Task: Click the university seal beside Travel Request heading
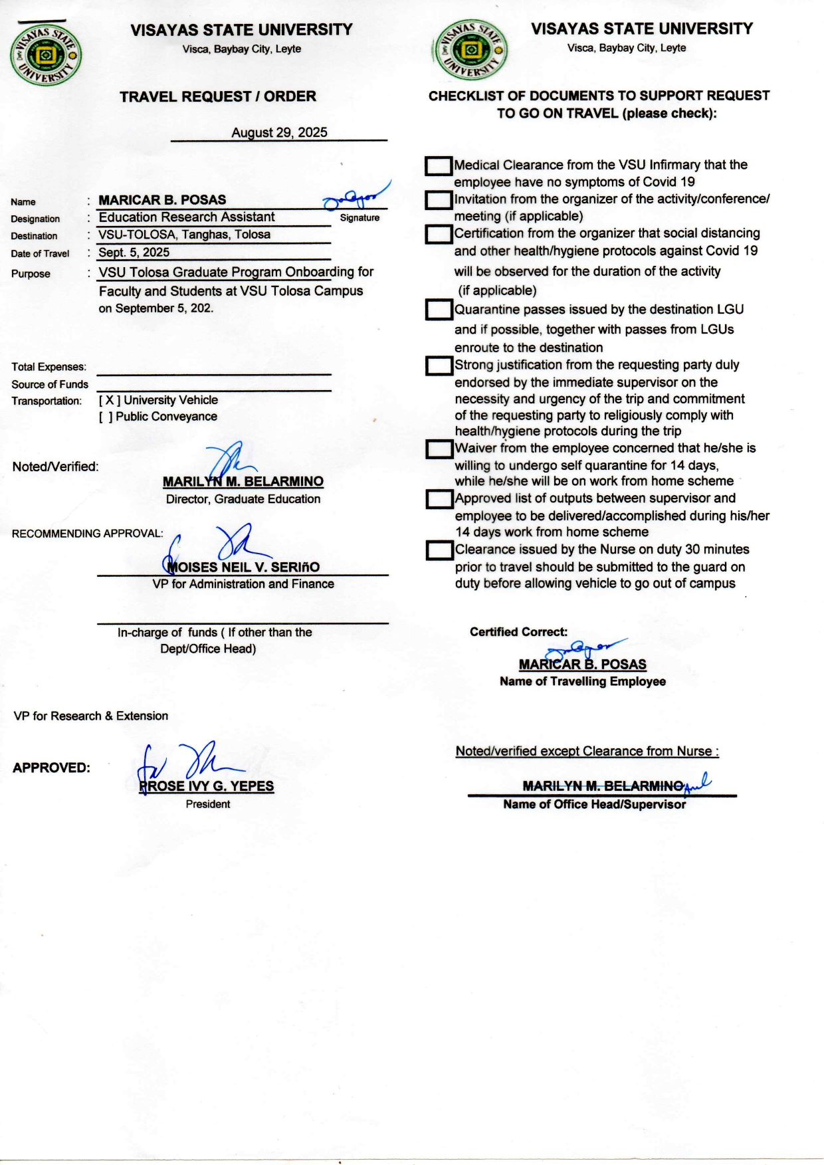[46, 55]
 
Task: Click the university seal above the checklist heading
[470, 51]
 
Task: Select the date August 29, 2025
[279, 132]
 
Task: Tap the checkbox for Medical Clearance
[439, 165]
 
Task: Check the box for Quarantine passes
[439, 310]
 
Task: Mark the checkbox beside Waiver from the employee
[439, 449]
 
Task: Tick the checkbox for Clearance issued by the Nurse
[439, 550]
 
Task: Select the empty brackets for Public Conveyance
[106, 417]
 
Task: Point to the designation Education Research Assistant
[187, 217]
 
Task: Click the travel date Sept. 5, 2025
[134, 253]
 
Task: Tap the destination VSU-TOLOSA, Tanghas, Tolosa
[185, 235]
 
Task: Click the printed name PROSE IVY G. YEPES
[207, 786]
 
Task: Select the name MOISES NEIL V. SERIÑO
[243, 567]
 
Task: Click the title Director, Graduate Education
[243, 499]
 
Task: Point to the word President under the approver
[208, 804]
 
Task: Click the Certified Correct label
[519, 632]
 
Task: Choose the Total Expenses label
[49, 367]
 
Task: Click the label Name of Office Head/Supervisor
[595, 804]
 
